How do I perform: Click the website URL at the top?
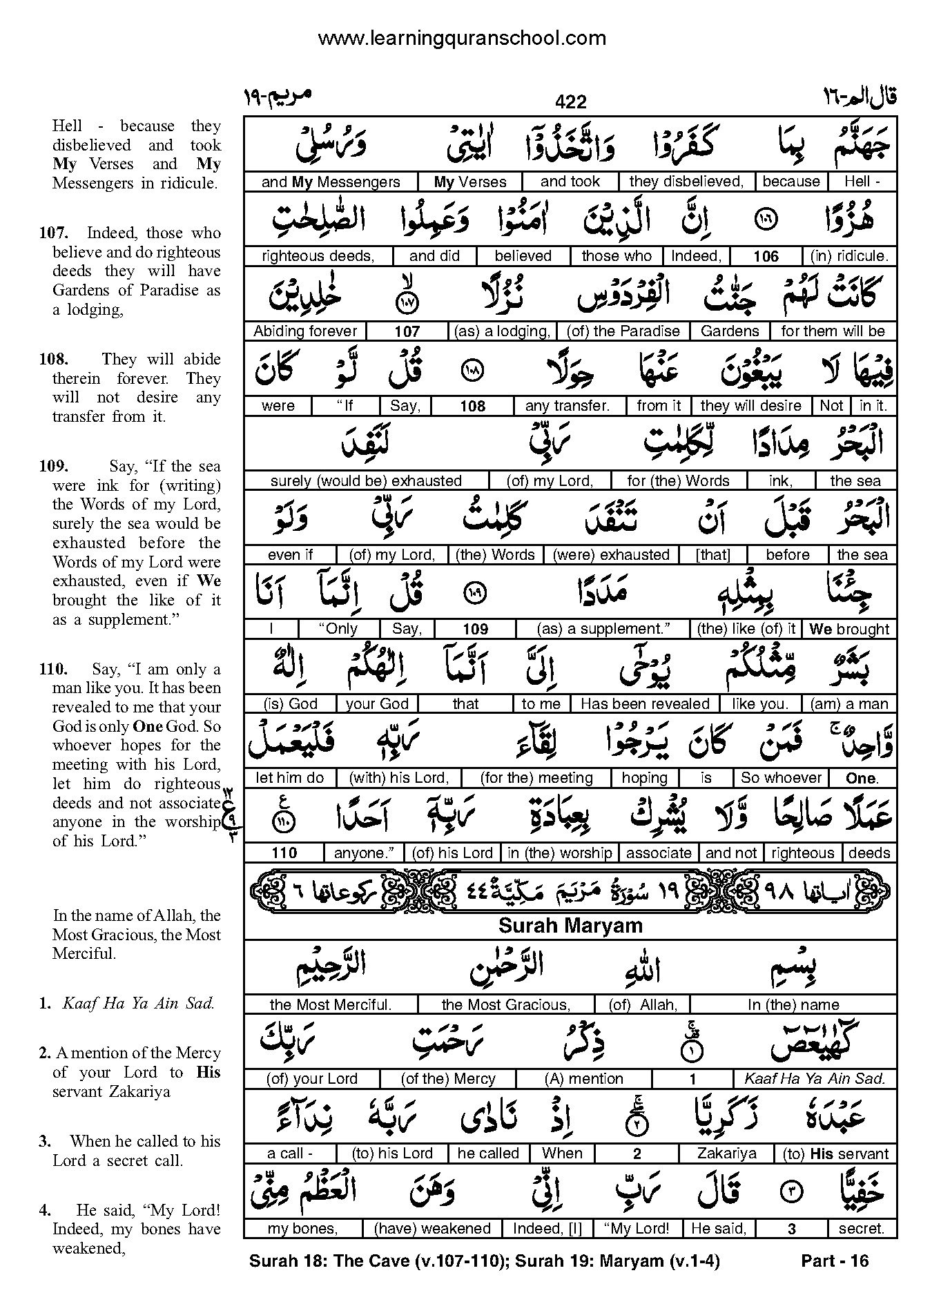(x=461, y=39)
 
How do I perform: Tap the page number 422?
(x=570, y=102)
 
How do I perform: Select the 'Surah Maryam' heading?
(x=570, y=926)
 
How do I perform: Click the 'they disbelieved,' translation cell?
(x=686, y=182)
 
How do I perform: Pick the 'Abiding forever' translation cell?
(x=305, y=331)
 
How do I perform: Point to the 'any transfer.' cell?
(x=567, y=406)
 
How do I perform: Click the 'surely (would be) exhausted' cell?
(x=366, y=480)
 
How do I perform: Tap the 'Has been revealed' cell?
(x=645, y=703)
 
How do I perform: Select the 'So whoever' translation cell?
(x=781, y=778)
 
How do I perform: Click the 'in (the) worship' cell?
(x=559, y=853)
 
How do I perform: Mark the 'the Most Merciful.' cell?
(x=331, y=1004)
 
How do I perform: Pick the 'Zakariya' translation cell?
(x=726, y=1154)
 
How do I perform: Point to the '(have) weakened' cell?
(x=431, y=1228)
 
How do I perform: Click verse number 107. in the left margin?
(x=52, y=233)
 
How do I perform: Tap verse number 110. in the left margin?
(x=52, y=669)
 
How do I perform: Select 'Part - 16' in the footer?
(x=834, y=1261)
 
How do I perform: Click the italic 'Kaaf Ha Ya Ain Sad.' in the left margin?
(x=138, y=1004)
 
